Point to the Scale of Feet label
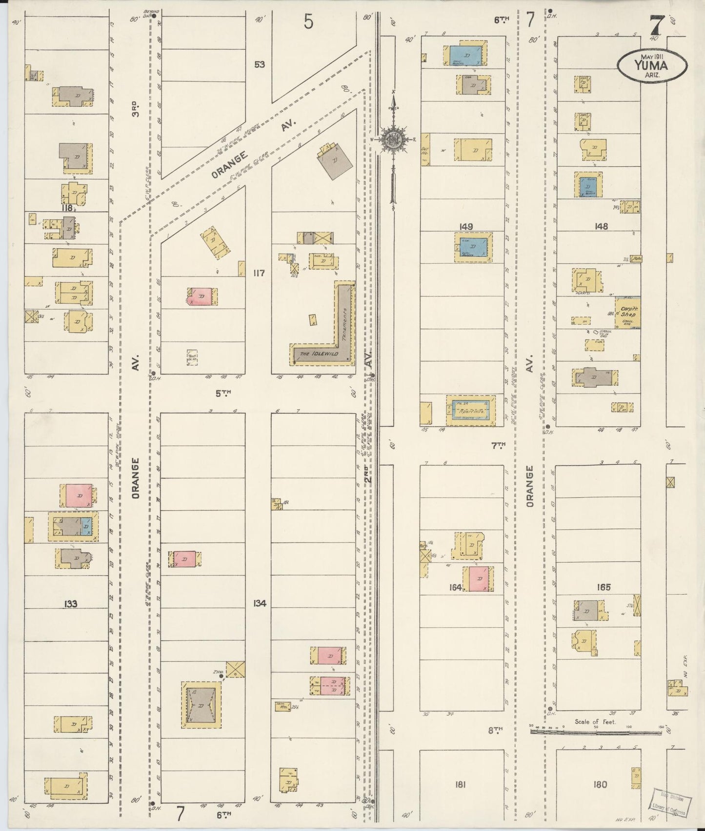(x=595, y=722)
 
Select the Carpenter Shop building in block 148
(x=627, y=312)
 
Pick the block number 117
(x=259, y=273)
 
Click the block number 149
(x=466, y=226)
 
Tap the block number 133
(x=70, y=604)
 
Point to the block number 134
(x=260, y=604)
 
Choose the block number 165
(x=604, y=587)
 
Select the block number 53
(x=259, y=64)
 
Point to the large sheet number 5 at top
(x=308, y=22)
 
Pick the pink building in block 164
(x=478, y=579)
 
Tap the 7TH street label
(x=498, y=445)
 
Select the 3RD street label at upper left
(x=136, y=108)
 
